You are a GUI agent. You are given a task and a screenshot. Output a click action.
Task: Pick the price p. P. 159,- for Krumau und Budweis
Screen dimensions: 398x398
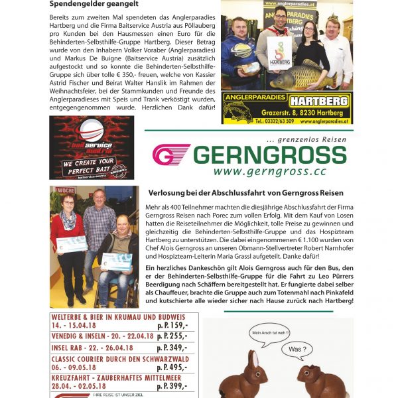[x=172, y=326]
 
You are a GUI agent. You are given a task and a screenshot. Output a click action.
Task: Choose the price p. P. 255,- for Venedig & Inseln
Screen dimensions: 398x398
[x=172, y=336]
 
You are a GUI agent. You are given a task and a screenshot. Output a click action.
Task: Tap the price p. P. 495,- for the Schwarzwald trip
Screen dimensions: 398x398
[x=172, y=367]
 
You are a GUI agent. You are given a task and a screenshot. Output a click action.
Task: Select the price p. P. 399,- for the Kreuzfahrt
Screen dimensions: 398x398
[x=172, y=385]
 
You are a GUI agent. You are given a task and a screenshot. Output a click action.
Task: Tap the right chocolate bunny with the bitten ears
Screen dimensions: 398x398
[x=317, y=378]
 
